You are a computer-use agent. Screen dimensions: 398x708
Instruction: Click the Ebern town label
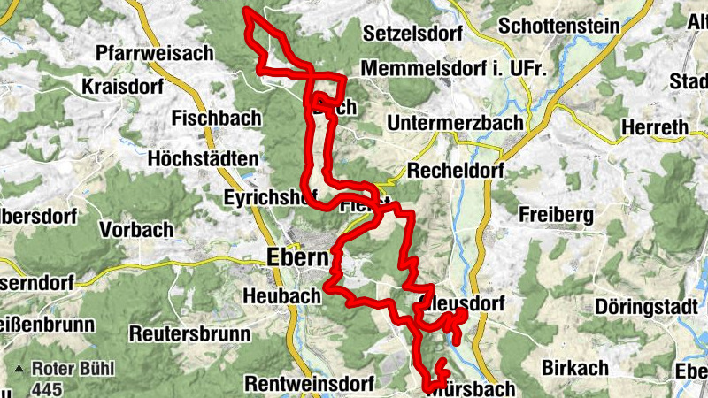[x=296, y=257]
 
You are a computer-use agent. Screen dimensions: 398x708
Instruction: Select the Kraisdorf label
[x=119, y=87]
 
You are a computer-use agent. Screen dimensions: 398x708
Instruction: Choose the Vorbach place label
[x=136, y=230]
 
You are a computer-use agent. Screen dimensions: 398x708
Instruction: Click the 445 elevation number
[x=46, y=388]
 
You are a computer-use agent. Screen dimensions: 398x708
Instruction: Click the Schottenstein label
[x=558, y=26]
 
